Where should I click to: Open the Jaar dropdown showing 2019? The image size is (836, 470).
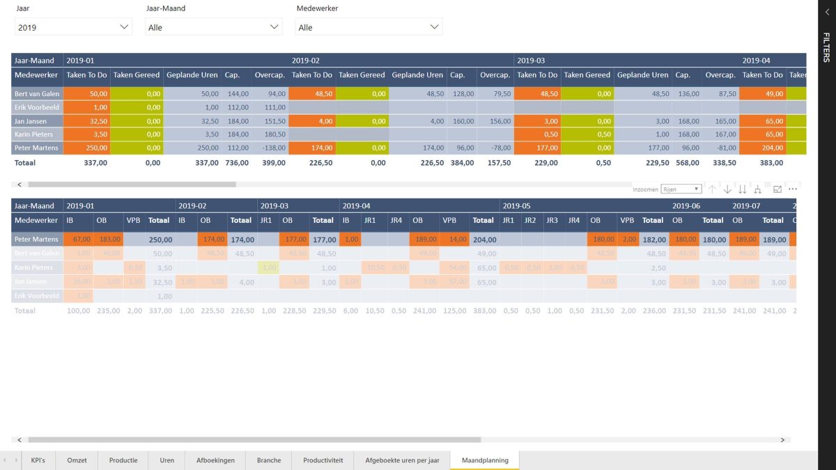click(73, 27)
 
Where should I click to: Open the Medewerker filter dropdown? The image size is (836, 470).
click(369, 27)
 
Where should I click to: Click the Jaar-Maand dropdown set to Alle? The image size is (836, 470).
click(213, 27)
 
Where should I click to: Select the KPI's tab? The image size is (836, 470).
click(38, 460)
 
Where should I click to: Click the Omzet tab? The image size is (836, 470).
click(77, 460)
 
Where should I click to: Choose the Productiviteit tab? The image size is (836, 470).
click(323, 460)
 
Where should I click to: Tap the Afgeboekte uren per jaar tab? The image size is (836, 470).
click(402, 460)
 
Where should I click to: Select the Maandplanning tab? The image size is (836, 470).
click(485, 460)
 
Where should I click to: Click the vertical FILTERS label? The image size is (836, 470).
click(826, 47)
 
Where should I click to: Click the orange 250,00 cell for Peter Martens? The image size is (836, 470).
click(87, 148)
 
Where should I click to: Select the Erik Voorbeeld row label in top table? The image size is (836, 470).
click(37, 107)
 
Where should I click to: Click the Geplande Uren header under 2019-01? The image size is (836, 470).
click(192, 75)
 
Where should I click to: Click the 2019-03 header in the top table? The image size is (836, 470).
click(532, 61)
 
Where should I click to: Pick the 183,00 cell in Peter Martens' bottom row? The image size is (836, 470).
click(109, 239)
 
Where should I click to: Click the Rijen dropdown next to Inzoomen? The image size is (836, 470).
click(681, 189)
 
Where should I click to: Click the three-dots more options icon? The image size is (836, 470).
click(792, 189)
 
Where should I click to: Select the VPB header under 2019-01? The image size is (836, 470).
click(132, 220)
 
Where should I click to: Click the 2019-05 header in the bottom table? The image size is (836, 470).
click(516, 206)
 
